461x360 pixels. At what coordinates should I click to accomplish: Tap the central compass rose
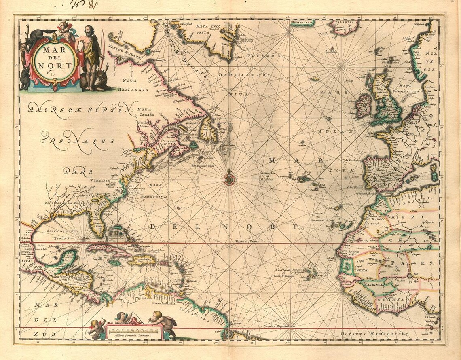[229, 178]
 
